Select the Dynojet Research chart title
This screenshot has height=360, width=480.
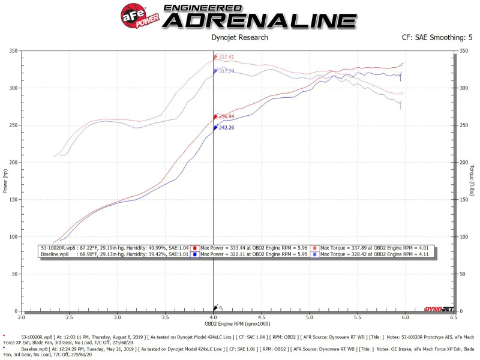tap(240, 38)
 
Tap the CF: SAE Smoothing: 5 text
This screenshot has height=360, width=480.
tap(437, 38)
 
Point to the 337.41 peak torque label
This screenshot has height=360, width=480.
tap(226, 58)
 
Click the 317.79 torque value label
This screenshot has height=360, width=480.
tap(226, 71)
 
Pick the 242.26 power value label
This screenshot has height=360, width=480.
tap(226, 127)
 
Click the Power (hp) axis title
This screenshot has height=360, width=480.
tap(5, 181)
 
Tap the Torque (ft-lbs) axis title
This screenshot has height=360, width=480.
tap(473, 181)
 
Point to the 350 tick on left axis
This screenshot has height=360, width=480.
tap(13, 51)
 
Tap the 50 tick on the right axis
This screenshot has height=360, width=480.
tap(463, 274)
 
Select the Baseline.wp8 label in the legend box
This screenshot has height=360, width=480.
tap(55, 255)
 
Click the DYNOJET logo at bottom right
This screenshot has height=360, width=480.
tap(438, 308)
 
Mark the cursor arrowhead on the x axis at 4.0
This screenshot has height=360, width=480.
tap(214, 308)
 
